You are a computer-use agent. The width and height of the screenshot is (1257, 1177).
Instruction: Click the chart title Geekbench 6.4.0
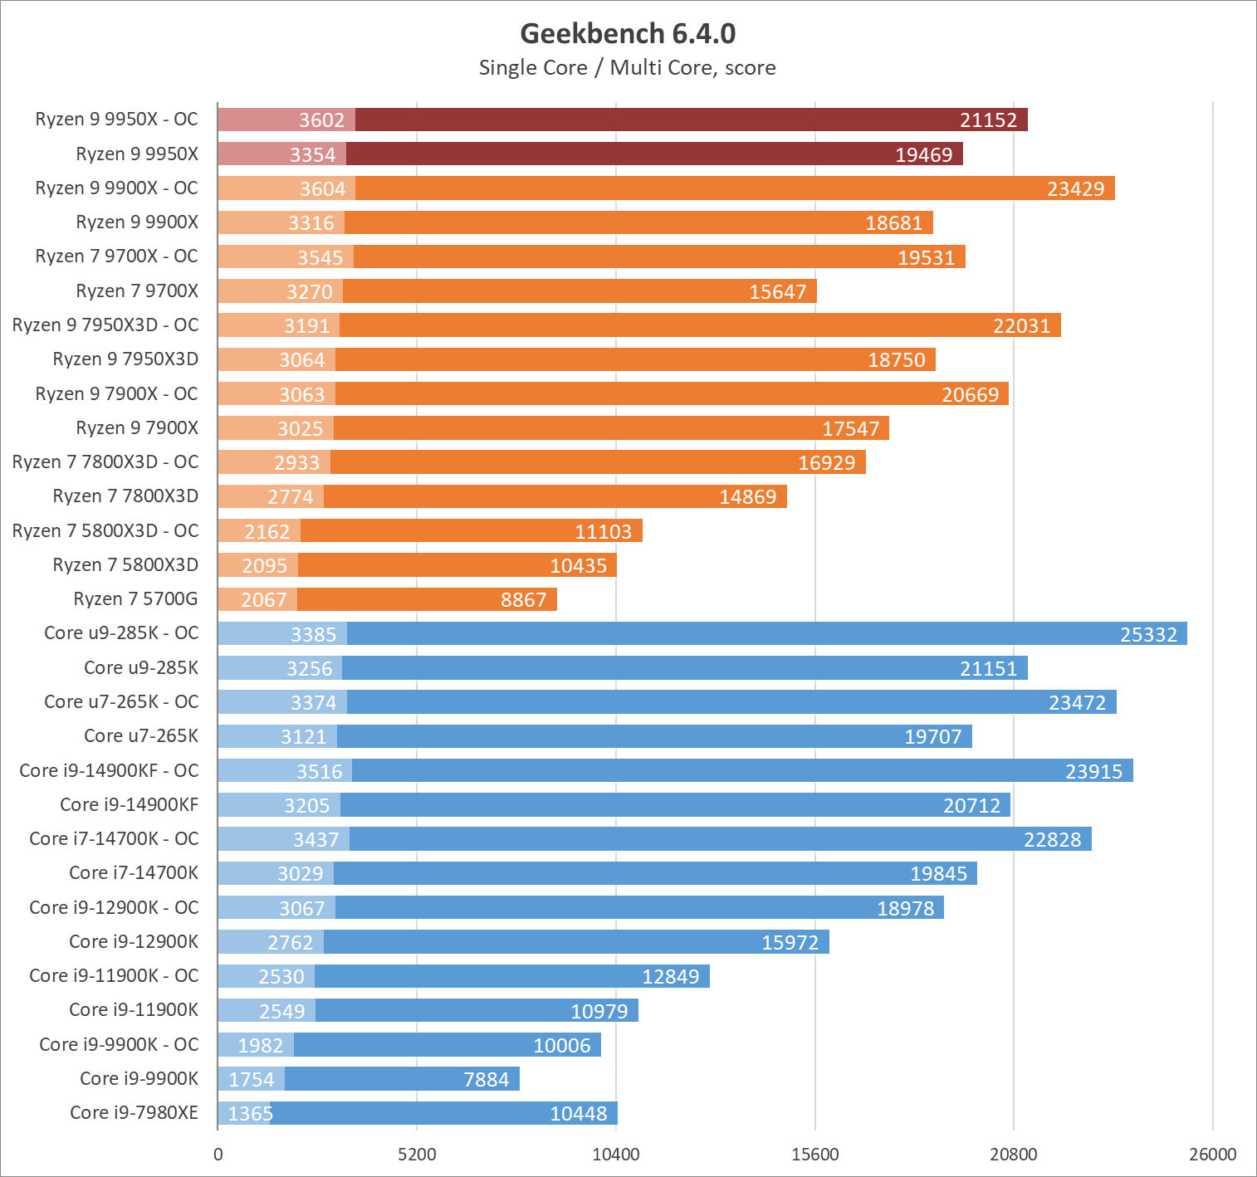(628, 34)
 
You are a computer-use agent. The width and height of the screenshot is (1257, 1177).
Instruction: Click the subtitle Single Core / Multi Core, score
(628, 68)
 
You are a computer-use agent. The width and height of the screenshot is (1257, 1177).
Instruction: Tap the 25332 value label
(1148, 634)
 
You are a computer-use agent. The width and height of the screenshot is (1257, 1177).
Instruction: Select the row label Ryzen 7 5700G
(136, 599)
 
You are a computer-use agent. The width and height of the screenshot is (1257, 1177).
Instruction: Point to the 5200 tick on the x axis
(417, 1155)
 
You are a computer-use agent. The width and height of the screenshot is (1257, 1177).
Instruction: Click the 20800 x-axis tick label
(1013, 1155)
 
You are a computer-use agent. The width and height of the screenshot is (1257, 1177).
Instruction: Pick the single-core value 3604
(322, 189)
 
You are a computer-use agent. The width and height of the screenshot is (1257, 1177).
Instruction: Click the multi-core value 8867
(523, 600)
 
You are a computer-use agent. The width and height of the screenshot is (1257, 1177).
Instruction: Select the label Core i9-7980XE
(135, 1113)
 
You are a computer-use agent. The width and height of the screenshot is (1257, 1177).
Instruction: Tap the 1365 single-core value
(250, 1114)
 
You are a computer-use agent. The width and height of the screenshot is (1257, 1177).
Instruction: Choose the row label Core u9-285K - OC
(122, 633)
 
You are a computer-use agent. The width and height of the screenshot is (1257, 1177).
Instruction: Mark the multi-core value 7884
(487, 1080)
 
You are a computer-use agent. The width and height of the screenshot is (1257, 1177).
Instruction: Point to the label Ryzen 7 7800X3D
(126, 496)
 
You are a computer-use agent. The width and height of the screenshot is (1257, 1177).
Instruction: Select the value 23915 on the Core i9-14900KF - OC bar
(1093, 772)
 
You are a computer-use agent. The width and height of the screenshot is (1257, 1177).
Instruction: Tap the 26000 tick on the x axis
(1212, 1155)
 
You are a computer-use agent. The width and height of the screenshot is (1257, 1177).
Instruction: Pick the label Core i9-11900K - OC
(115, 976)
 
